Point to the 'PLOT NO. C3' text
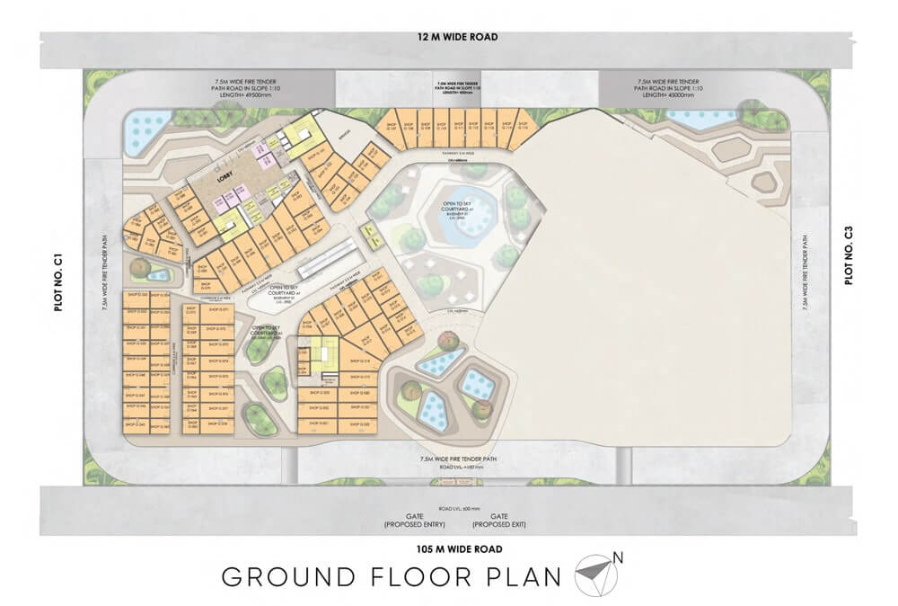(x=848, y=259)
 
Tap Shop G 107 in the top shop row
(x=391, y=127)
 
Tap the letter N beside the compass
(x=619, y=559)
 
